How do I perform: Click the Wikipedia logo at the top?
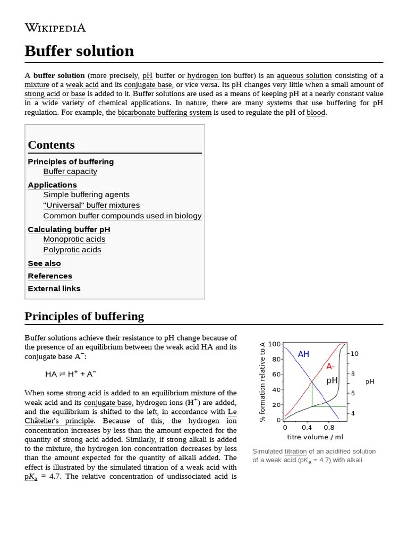pyautogui.click(x=55, y=28)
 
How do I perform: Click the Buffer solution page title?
pyautogui.click(x=79, y=51)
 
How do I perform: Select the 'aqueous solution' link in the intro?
pyautogui.click(x=304, y=75)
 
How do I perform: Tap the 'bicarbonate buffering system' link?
pyautogui.click(x=164, y=113)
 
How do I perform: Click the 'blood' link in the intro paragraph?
pyautogui.click(x=316, y=113)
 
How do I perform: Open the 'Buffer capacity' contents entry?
pyautogui.click(x=70, y=172)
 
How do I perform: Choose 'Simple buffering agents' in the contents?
pyautogui.click(x=86, y=195)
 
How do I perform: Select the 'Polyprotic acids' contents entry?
pyautogui.click(x=72, y=250)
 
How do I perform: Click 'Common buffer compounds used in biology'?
pyautogui.click(x=122, y=216)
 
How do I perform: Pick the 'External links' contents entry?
pyautogui.click(x=54, y=288)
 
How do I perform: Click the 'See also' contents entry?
pyautogui.click(x=44, y=263)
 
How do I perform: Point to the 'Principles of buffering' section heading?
pyautogui.click(x=84, y=316)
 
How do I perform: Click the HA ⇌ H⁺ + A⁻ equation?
pyautogui.click(x=71, y=374)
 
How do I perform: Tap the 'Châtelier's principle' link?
pyautogui.click(x=59, y=421)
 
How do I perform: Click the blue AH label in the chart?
pyautogui.click(x=303, y=354)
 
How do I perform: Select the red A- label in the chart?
pyautogui.click(x=330, y=367)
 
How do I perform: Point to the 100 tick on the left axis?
pyautogui.click(x=274, y=344)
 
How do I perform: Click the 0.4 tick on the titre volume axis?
pyautogui.click(x=307, y=428)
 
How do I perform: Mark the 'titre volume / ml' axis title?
pyautogui.click(x=315, y=437)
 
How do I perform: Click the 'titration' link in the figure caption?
pyautogui.click(x=295, y=451)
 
